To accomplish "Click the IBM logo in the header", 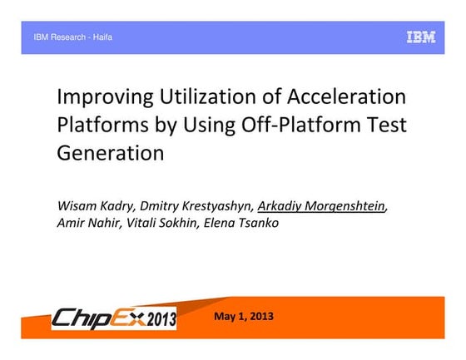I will point(420,37).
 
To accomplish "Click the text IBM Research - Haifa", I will point(72,37).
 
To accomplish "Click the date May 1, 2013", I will point(243,317).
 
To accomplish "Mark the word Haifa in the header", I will point(102,37).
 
